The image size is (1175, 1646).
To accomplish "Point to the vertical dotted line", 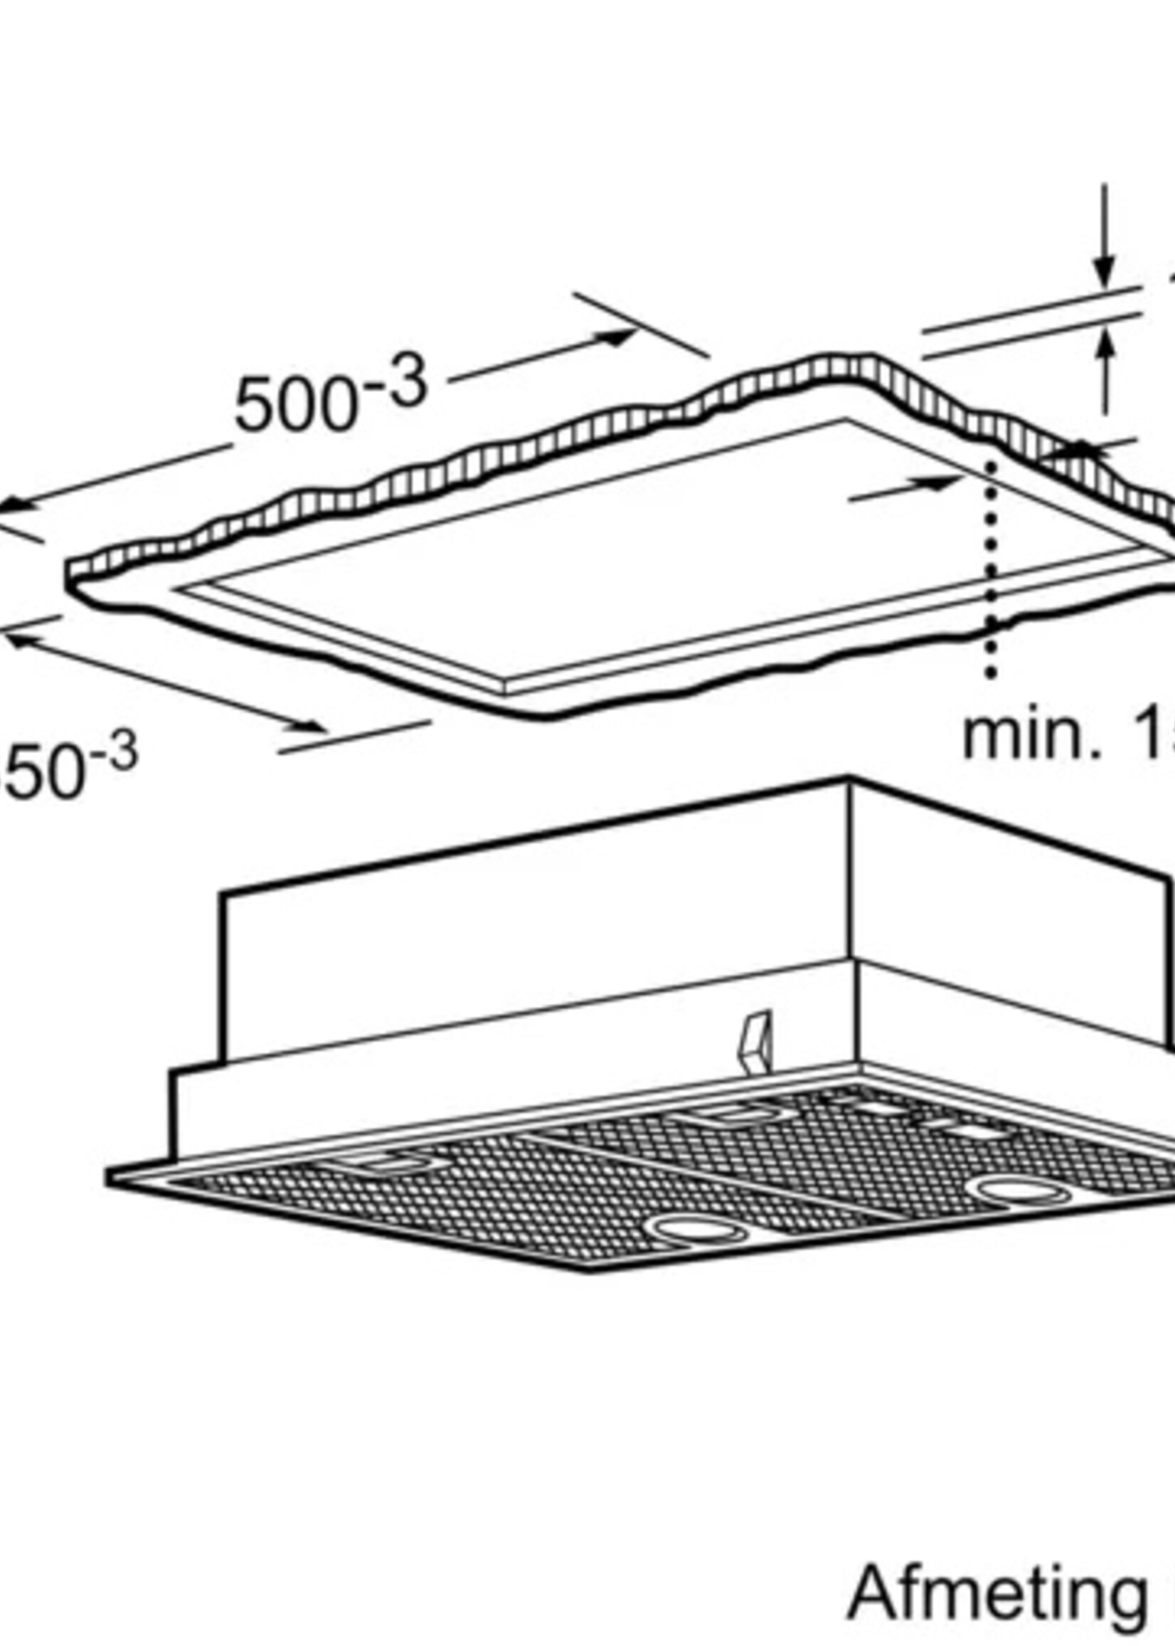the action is point(991,564).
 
